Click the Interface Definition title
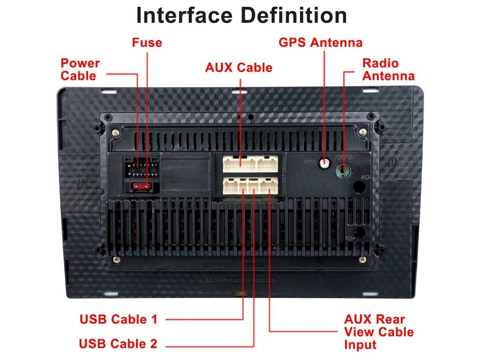242,16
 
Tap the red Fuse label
147,42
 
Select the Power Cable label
80,69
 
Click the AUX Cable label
238,68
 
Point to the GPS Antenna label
320,42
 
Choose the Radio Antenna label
388,69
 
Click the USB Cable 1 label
118,319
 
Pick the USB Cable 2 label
118,344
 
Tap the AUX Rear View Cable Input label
378,332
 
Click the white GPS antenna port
324,163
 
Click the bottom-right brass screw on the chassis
362,260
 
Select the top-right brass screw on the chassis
362,131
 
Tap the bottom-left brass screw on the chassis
116,260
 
